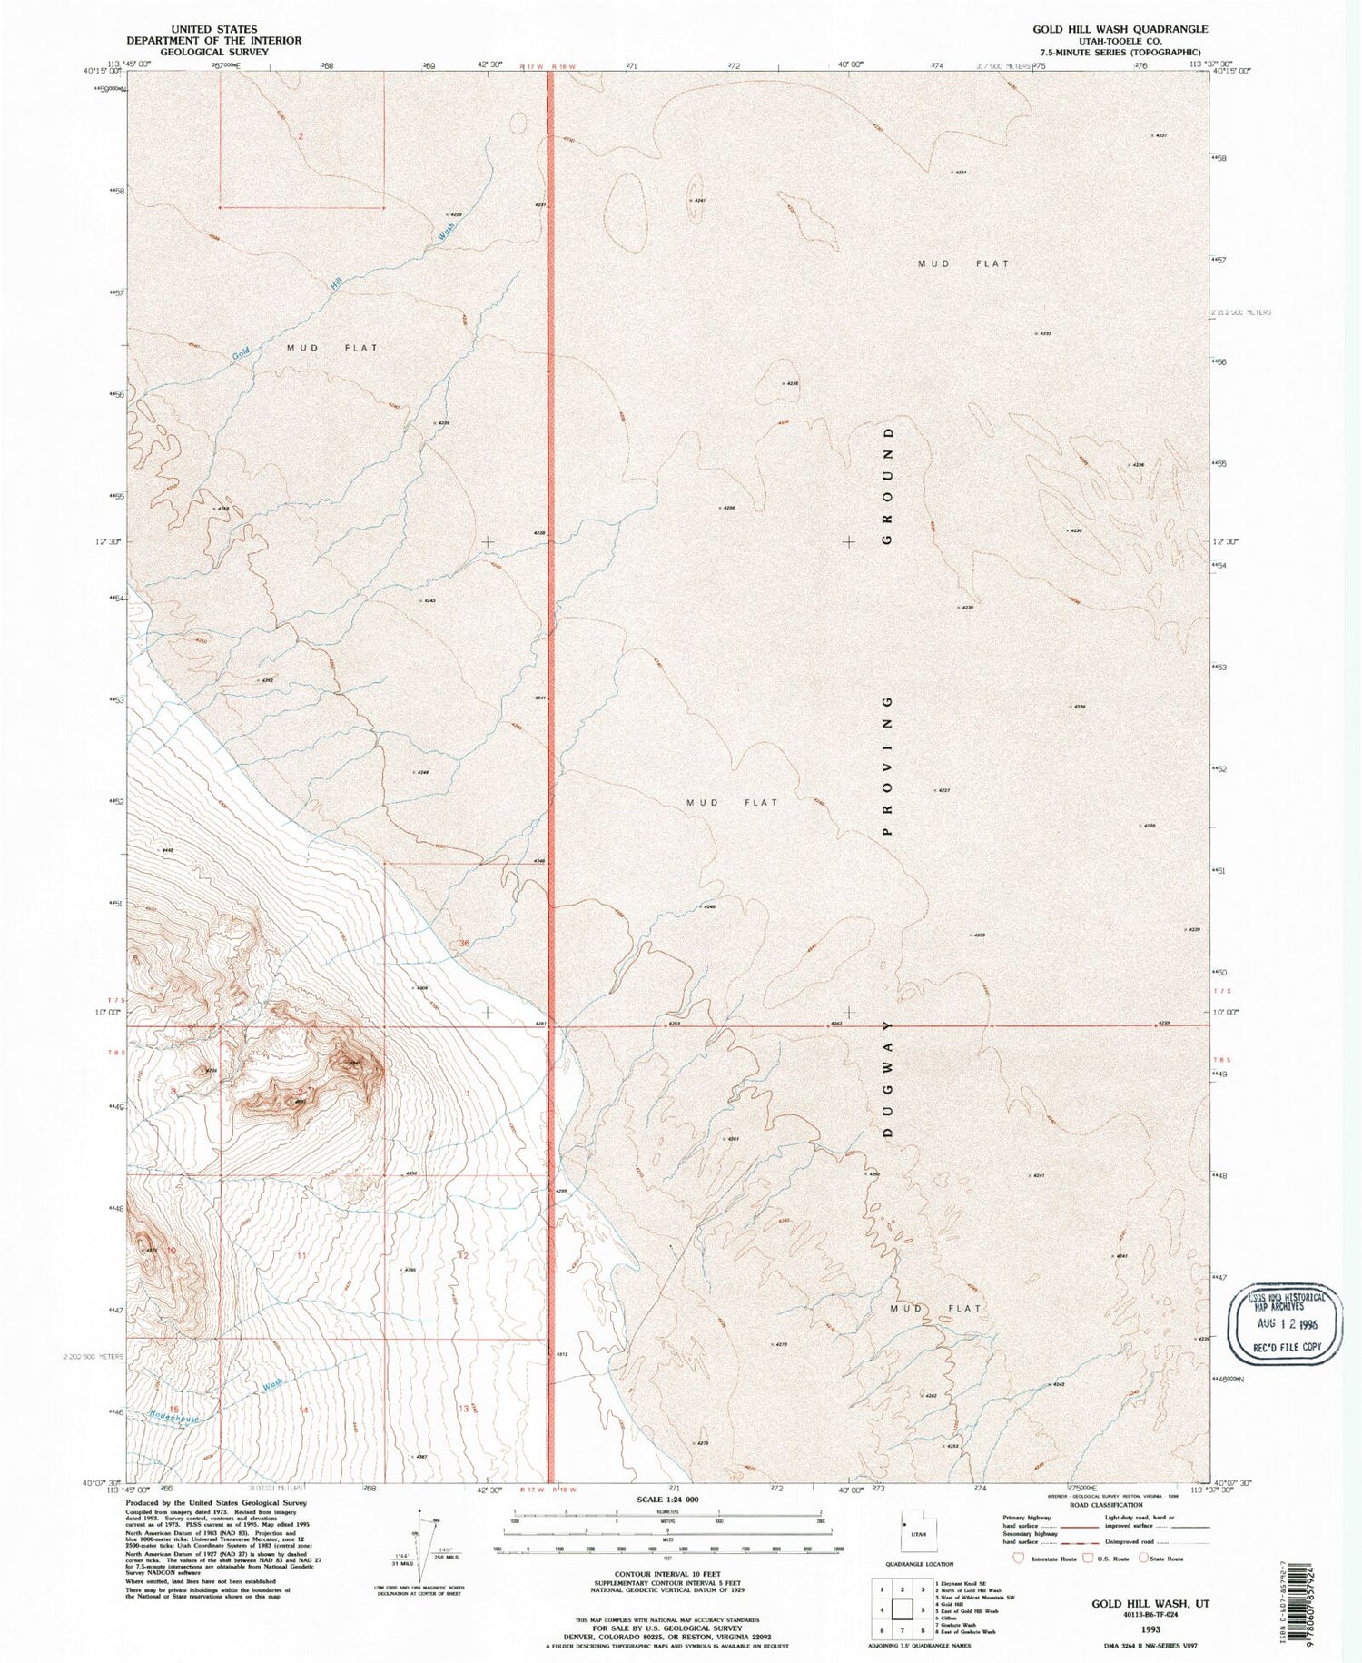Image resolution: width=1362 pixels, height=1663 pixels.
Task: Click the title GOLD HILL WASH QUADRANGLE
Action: click(x=1120, y=29)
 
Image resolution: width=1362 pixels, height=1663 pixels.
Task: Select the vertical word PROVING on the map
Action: click(x=888, y=766)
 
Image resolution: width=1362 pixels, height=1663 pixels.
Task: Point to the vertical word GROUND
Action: click(x=888, y=484)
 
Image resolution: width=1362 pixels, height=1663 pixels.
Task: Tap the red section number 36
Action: click(x=464, y=943)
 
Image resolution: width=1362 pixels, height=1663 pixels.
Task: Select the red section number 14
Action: click(x=304, y=1410)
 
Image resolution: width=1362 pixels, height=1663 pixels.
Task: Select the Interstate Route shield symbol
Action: click(x=1016, y=1558)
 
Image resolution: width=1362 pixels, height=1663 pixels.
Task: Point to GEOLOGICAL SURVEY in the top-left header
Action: click(x=214, y=52)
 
